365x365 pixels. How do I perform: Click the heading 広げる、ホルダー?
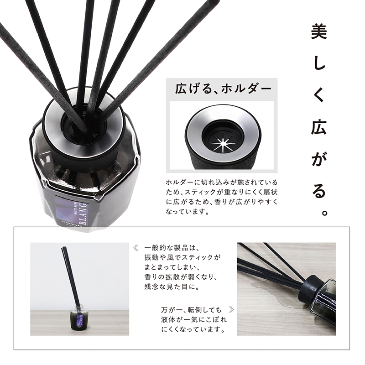pos(223,89)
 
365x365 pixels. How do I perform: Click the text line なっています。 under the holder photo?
pos(187,212)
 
